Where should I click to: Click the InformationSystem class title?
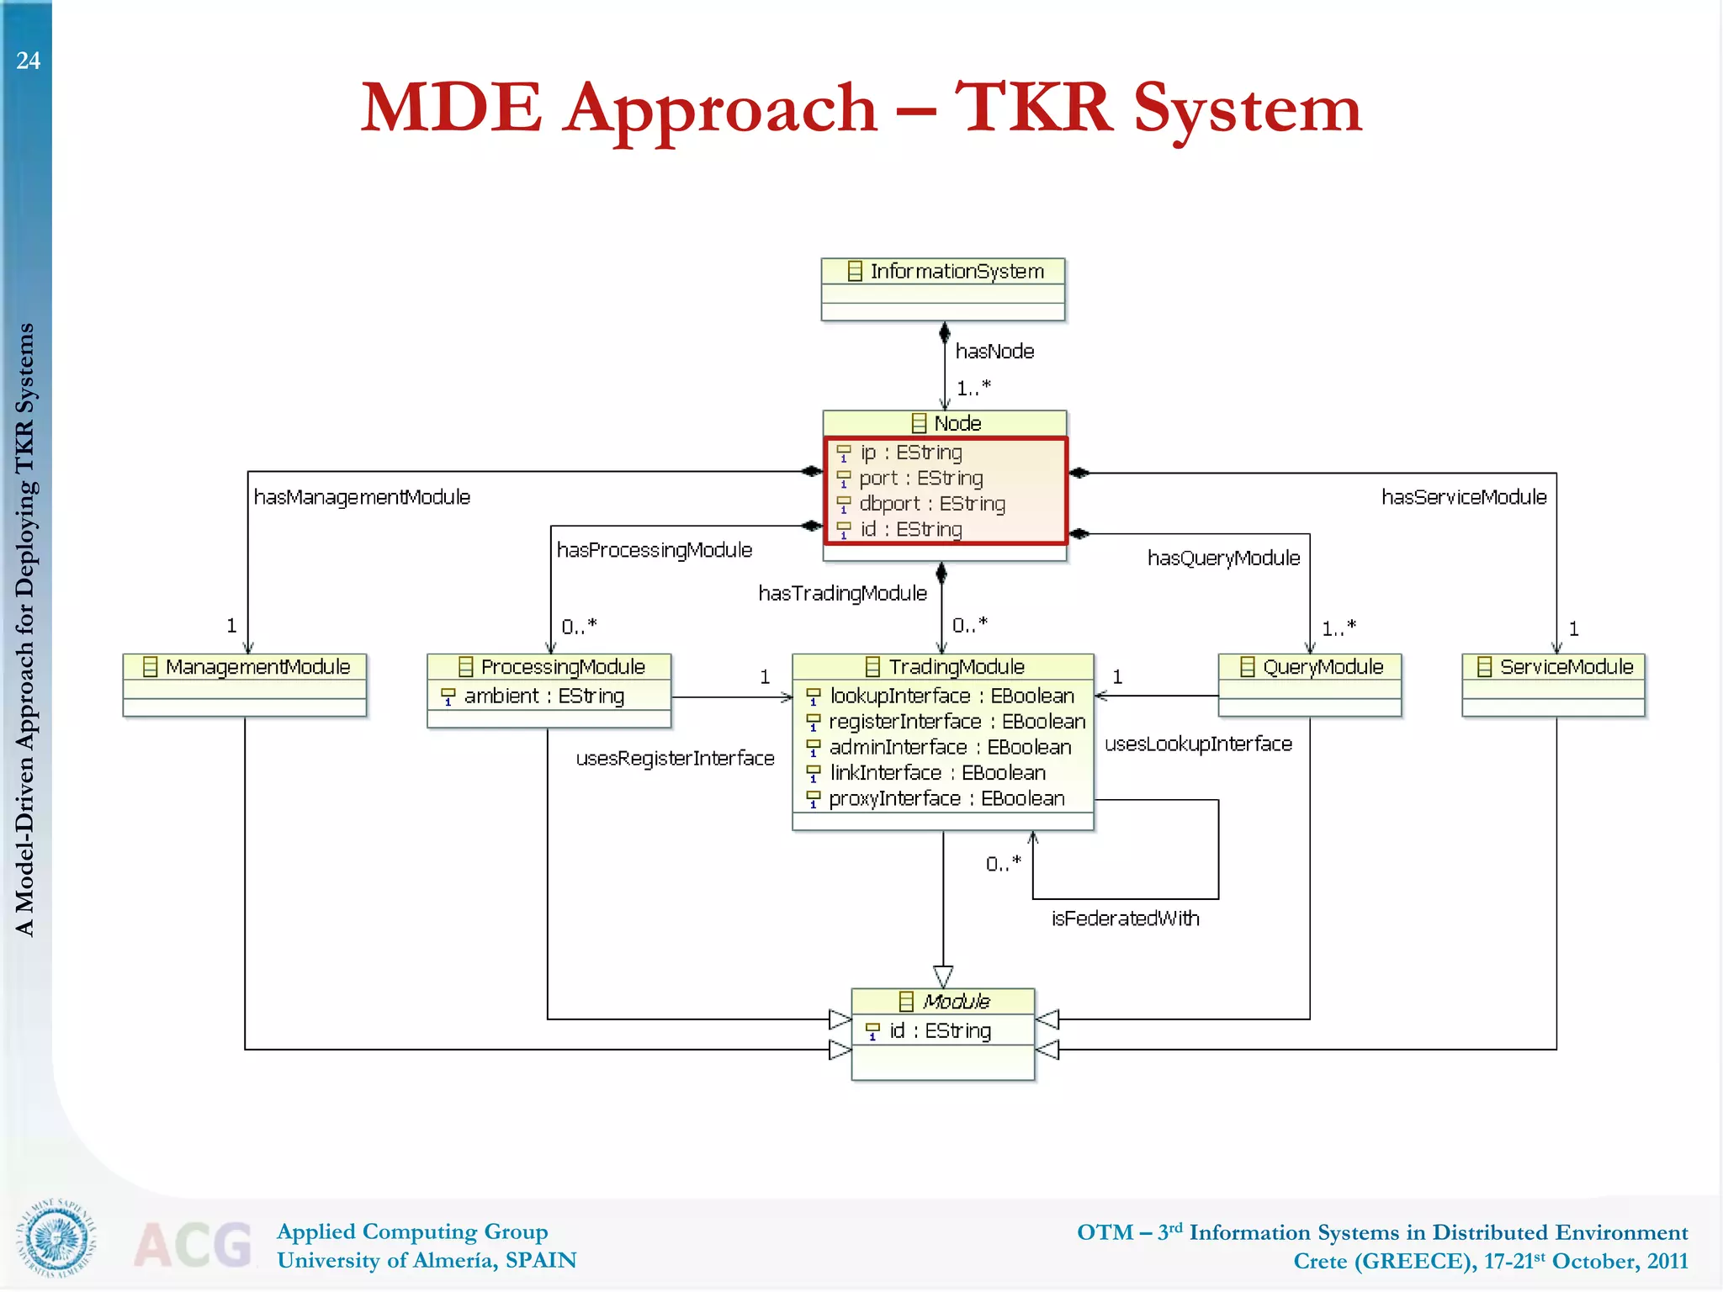956,272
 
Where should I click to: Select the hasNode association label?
994,352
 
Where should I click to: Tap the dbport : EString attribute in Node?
931,504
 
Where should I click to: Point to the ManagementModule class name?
257,667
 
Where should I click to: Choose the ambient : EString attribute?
543,696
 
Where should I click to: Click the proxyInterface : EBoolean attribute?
946,799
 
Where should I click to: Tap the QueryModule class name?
1323,667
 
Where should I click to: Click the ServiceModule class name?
1566,667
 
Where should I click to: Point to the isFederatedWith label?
1125,919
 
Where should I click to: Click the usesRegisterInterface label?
675,759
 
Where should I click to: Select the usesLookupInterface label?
1198,744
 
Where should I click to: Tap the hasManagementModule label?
362,497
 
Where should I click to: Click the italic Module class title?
956,1002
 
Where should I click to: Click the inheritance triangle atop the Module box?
943,976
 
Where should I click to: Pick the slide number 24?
28,61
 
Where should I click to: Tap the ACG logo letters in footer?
194,1245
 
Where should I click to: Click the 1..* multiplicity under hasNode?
973,388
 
